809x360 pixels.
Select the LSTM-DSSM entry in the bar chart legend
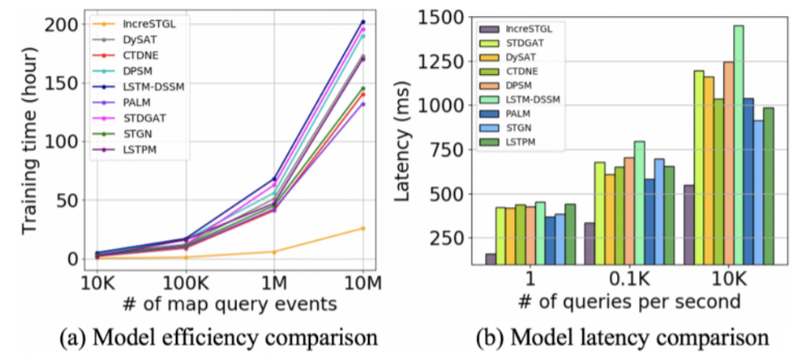click(x=534, y=99)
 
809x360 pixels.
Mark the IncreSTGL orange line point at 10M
click(x=362, y=229)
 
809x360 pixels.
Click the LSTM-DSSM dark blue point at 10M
click(x=362, y=21)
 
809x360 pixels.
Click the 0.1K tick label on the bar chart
click(x=632, y=280)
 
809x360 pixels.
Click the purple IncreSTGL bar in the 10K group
click(x=688, y=224)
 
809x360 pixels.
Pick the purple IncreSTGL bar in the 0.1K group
click(x=589, y=243)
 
